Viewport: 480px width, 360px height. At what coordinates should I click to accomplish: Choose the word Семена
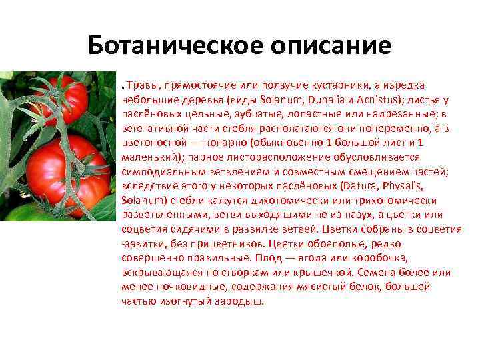pos(376,273)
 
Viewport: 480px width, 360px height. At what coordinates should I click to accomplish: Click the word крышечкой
pos(322,273)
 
